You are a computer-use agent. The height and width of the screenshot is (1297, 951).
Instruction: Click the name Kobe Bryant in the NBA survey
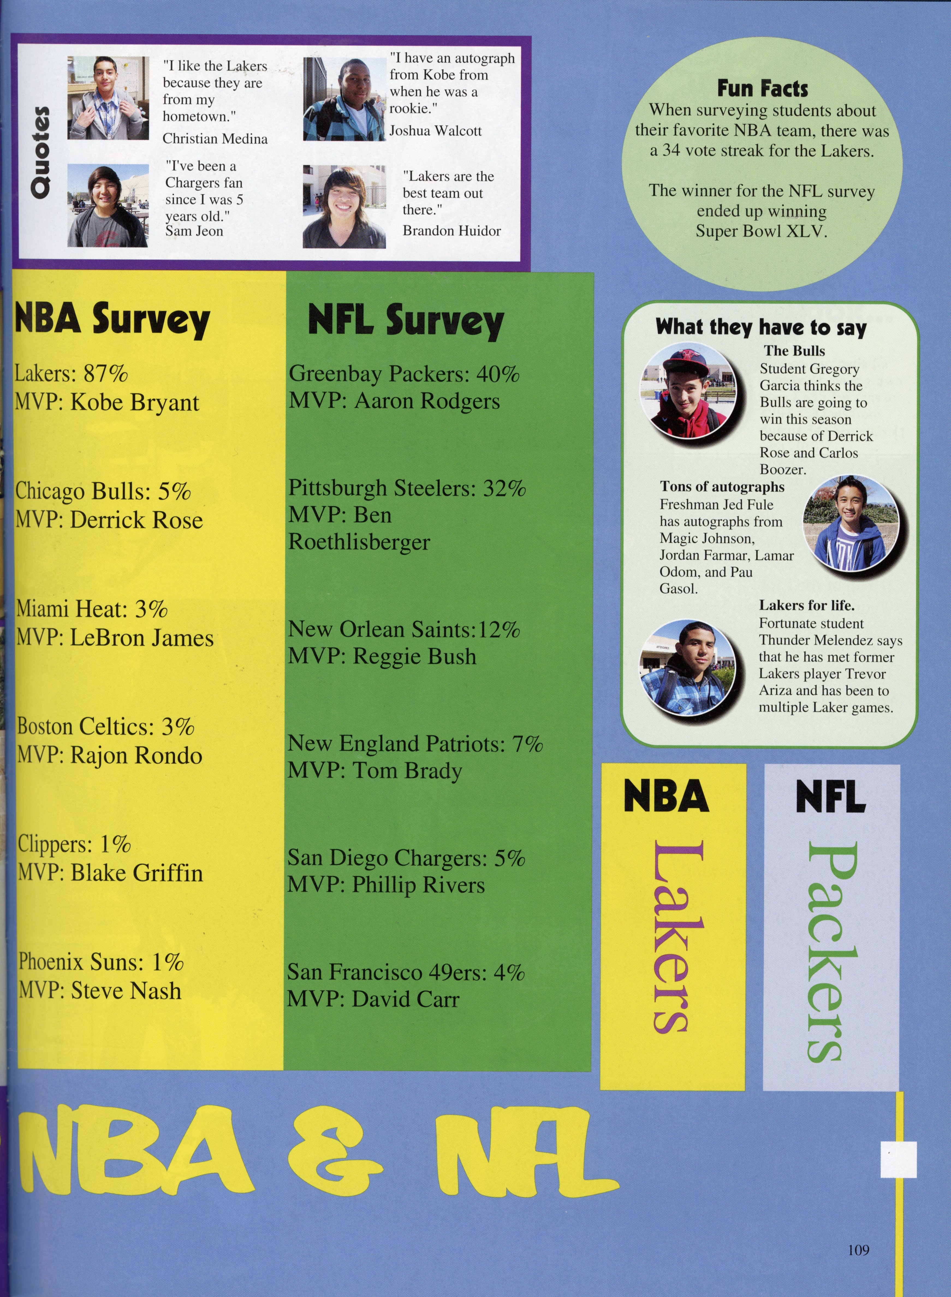point(135,402)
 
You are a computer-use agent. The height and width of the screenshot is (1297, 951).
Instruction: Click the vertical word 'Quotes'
point(40,153)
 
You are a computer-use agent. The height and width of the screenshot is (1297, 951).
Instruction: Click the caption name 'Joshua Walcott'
point(435,131)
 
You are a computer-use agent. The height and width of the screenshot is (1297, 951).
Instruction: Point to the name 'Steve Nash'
point(126,990)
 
